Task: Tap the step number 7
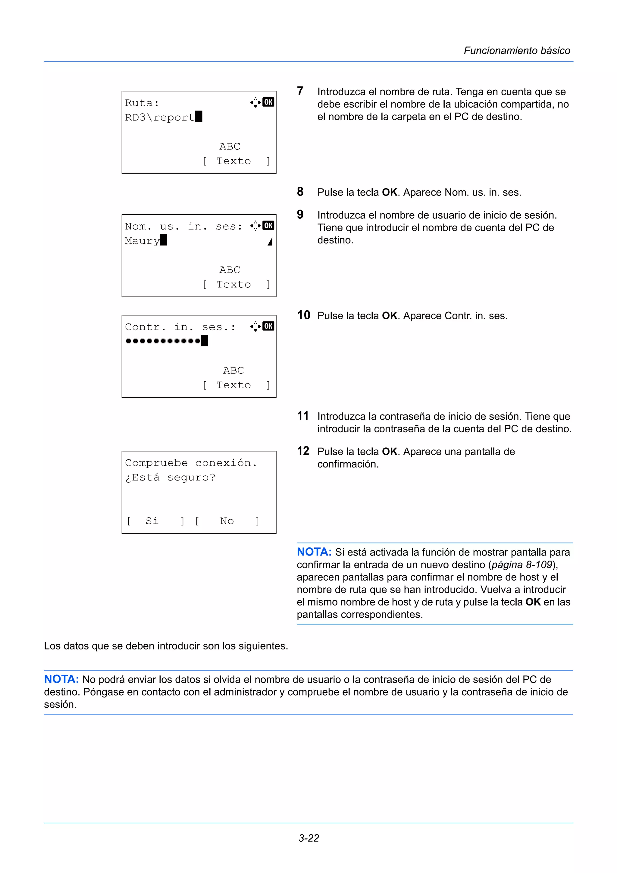pyautogui.click(x=300, y=91)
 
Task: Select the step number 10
pyautogui.click(x=303, y=315)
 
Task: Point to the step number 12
pyautogui.click(x=303, y=451)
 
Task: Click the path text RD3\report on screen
pyautogui.click(x=160, y=117)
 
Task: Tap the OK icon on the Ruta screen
pyautogui.click(x=268, y=102)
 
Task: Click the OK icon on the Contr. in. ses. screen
pyautogui.click(x=268, y=326)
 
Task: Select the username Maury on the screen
pyautogui.click(x=142, y=241)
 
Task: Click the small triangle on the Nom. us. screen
pyautogui.click(x=270, y=241)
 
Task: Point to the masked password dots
pyautogui.click(x=163, y=341)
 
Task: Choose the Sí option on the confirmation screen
pyautogui.click(x=152, y=521)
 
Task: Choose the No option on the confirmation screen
pyautogui.click(x=227, y=521)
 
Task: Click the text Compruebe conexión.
pyautogui.click(x=191, y=463)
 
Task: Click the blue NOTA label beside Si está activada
pyautogui.click(x=314, y=552)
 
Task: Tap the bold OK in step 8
pyautogui.click(x=389, y=192)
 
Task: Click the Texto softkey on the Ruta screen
pyautogui.click(x=233, y=161)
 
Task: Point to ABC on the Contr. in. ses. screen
pyautogui.click(x=233, y=370)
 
